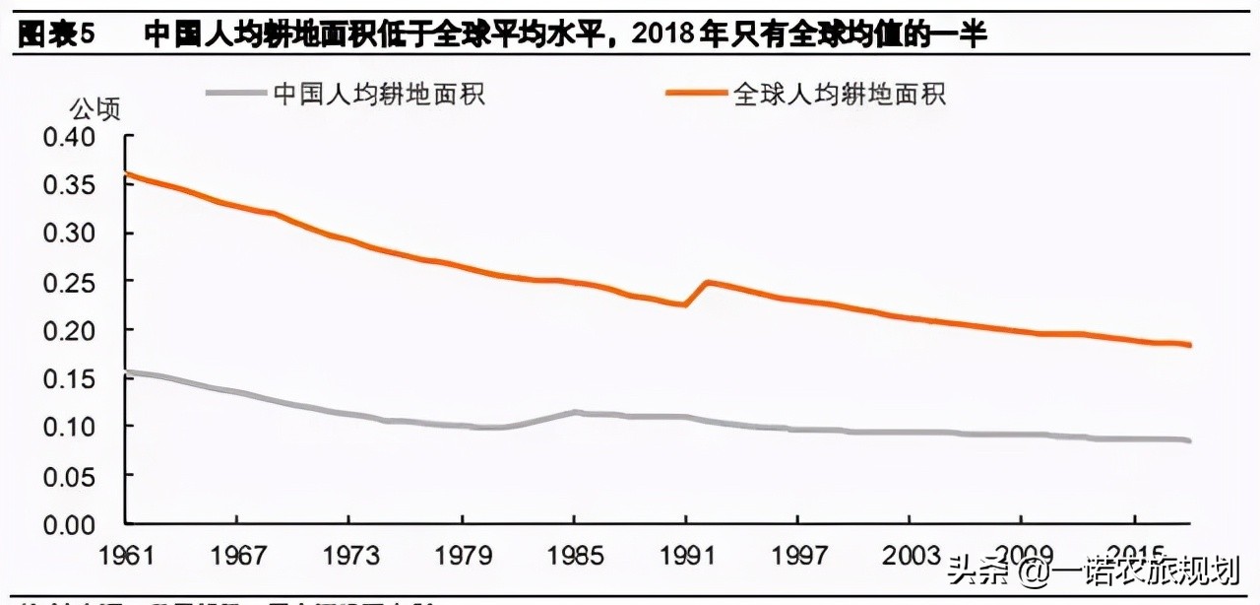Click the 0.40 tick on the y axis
tap(69, 136)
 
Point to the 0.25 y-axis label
tap(69, 281)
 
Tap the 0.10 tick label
tap(69, 426)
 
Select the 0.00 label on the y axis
tap(69, 522)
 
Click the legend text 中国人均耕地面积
tap(379, 94)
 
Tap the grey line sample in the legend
tap(236, 94)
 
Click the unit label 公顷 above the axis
tap(95, 108)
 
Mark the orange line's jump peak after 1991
tap(707, 282)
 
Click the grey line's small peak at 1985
tap(576, 412)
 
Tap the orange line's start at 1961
tap(126, 174)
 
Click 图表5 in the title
tap(56, 34)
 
